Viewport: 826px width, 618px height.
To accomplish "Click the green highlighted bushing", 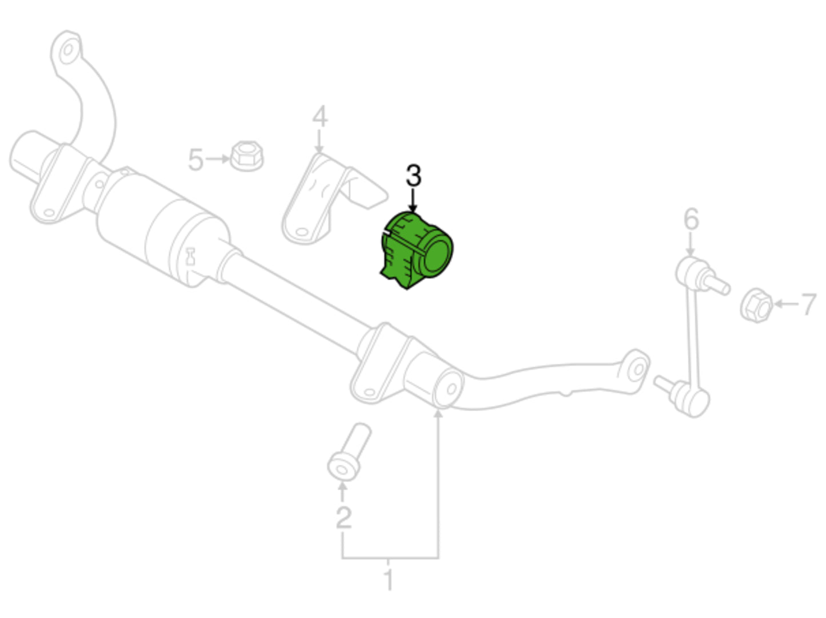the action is (x=416, y=251).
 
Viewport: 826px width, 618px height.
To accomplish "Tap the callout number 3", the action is (x=413, y=176).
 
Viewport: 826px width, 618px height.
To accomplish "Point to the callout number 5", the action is (x=195, y=160).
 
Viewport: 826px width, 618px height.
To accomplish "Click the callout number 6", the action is (x=691, y=219).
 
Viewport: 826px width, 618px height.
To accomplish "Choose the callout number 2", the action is (x=344, y=517).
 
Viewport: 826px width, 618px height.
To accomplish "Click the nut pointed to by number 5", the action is (x=246, y=156).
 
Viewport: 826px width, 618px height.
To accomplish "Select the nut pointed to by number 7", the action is (x=756, y=306).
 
